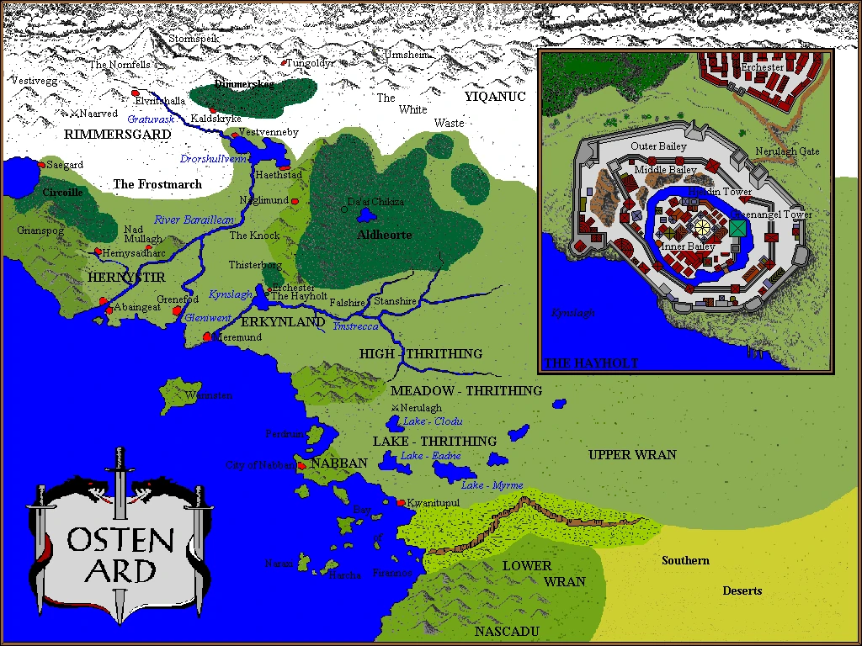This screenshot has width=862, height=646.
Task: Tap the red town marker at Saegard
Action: tap(40, 165)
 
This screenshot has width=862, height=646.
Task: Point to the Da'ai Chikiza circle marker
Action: tap(343, 209)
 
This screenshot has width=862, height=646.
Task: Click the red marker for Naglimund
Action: tap(295, 201)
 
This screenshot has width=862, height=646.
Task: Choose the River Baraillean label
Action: tap(193, 220)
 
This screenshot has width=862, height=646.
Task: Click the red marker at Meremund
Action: tap(207, 337)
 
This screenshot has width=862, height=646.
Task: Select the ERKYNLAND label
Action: tap(283, 322)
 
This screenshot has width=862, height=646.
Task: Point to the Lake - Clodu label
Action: tap(433, 421)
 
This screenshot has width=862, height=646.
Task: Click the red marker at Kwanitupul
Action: tap(401, 503)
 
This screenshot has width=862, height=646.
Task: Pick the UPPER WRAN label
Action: tap(631, 455)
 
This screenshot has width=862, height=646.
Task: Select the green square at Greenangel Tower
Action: tap(737, 228)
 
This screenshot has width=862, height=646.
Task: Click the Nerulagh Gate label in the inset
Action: tap(786, 151)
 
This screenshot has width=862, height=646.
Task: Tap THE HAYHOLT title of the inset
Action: tap(591, 363)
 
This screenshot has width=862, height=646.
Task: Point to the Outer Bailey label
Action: tap(658, 146)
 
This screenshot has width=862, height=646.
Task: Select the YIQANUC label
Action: tap(495, 97)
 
